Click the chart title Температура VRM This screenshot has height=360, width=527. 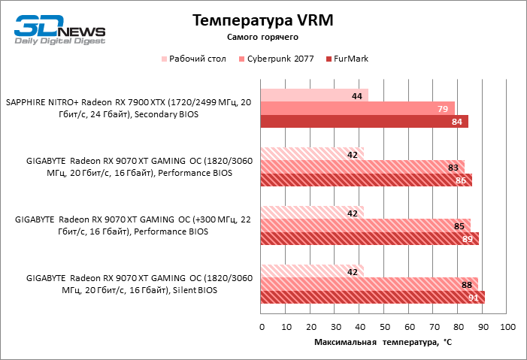[x=263, y=20]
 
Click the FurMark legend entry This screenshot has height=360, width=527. [x=350, y=58]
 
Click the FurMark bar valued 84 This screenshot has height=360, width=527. [x=364, y=122]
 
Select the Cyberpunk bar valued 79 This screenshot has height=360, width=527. [x=358, y=108]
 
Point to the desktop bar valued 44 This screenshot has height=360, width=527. [x=314, y=95]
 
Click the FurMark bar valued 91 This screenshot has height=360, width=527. [x=372, y=297]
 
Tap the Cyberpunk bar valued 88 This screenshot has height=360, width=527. [x=369, y=283]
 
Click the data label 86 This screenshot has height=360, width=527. [x=462, y=180]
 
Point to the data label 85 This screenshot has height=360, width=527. [x=459, y=225]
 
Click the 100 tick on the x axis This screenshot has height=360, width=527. [x=507, y=328]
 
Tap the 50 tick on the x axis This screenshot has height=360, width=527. [x=384, y=328]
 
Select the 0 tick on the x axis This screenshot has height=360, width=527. [x=262, y=328]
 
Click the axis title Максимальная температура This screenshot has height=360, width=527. [x=383, y=342]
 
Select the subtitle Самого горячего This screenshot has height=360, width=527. [x=263, y=37]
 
